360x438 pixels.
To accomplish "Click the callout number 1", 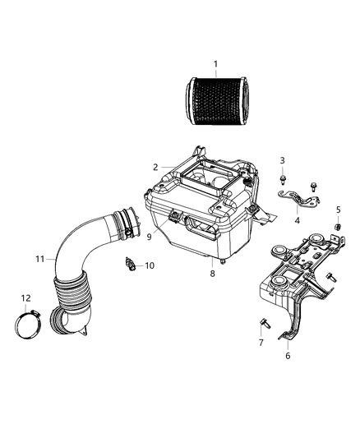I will click(215, 63).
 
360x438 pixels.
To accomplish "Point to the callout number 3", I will click(282, 160).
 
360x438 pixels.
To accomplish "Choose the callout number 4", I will click(298, 219).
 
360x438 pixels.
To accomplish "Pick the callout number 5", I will click(338, 210).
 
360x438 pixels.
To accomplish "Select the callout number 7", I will click(261, 342).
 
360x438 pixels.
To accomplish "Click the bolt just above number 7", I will click(263, 322).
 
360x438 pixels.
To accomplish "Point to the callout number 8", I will click(212, 273).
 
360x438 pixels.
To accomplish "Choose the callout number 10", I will click(149, 265).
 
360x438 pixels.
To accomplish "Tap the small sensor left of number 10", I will click(130, 263).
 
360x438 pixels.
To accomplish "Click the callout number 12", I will click(26, 297).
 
